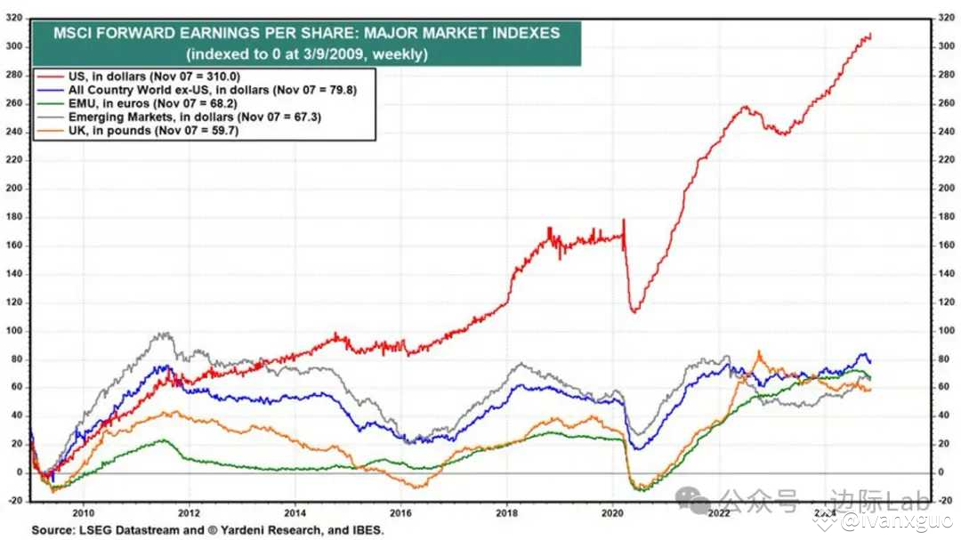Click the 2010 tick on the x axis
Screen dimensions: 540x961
click(x=83, y=512)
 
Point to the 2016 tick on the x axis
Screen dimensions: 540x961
click(x=401, y=512)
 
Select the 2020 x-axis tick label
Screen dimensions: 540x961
click(x=613, y=512)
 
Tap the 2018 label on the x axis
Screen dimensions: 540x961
click(x=507, y=512)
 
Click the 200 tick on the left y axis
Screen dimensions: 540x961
click(x=13, y=189)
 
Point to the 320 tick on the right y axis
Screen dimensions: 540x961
click(x=946, y=17)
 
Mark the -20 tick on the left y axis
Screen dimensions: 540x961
click(x=13, y=501)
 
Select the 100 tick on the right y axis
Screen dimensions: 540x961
click(x=946, y=331)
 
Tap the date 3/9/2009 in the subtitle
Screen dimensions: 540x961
click(x=313, y=53)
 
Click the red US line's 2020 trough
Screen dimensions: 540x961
click(x=634, y=311)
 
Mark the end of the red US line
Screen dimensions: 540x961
click(x=870, y=35)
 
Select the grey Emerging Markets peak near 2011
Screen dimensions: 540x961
click(x=161, y=334)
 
